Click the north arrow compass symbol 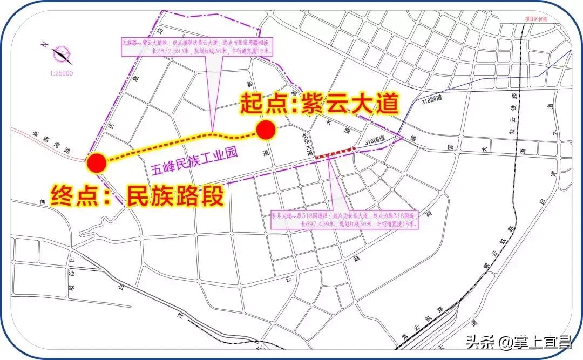(x=63, y=54)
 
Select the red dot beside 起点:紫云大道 (x=266, y=130)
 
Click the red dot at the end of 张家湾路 (x=97, y=162)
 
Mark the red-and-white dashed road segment (x=335, y=152)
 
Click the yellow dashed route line (x=178, y=143)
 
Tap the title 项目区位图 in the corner (x=535, y=18)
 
